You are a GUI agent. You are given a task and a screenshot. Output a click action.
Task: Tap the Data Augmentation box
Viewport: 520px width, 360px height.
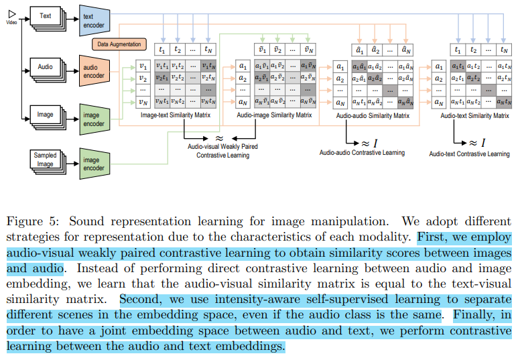click(119, 44)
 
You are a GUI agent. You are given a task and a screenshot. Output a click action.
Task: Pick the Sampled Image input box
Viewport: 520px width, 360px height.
click(45, 160)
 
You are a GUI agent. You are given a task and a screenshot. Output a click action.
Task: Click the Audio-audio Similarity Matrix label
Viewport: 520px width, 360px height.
click(373, 115)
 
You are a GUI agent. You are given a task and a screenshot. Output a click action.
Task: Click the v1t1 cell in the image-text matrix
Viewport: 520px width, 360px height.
click(161, 66)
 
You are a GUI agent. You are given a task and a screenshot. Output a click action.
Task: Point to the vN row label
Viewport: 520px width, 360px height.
click(141, 102)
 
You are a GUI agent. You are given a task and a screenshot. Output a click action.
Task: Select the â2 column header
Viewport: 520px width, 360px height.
click(377, 50)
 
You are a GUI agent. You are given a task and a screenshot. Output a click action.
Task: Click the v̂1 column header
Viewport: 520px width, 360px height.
click(263, 50)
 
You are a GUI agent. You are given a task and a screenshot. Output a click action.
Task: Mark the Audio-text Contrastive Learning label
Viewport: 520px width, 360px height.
click(469, 154)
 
